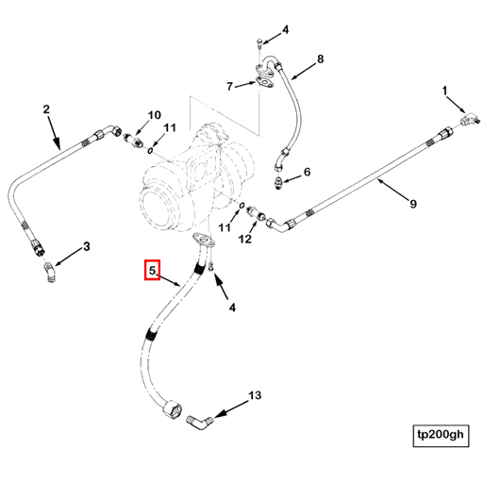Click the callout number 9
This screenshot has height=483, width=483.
[413, 204]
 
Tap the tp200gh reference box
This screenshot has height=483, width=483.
[441, 436]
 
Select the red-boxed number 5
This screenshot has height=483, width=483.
[152, 270]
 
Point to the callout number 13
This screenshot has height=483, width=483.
[255, 395]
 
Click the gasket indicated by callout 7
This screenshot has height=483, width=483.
[263, 82]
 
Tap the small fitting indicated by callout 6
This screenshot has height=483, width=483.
[278, 183]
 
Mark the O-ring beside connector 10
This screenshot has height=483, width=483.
[150, 151]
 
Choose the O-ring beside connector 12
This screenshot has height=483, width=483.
[241, 206]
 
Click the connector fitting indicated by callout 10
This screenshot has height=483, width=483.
[133, 141]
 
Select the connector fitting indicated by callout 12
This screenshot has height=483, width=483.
[257, 213]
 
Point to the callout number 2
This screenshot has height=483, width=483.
[46, 109]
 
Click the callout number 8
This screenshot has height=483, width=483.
[320, 58]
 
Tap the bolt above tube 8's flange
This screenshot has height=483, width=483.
[259, 43]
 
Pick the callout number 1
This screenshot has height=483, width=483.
[444, 91]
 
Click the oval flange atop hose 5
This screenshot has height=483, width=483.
[204, 240]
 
